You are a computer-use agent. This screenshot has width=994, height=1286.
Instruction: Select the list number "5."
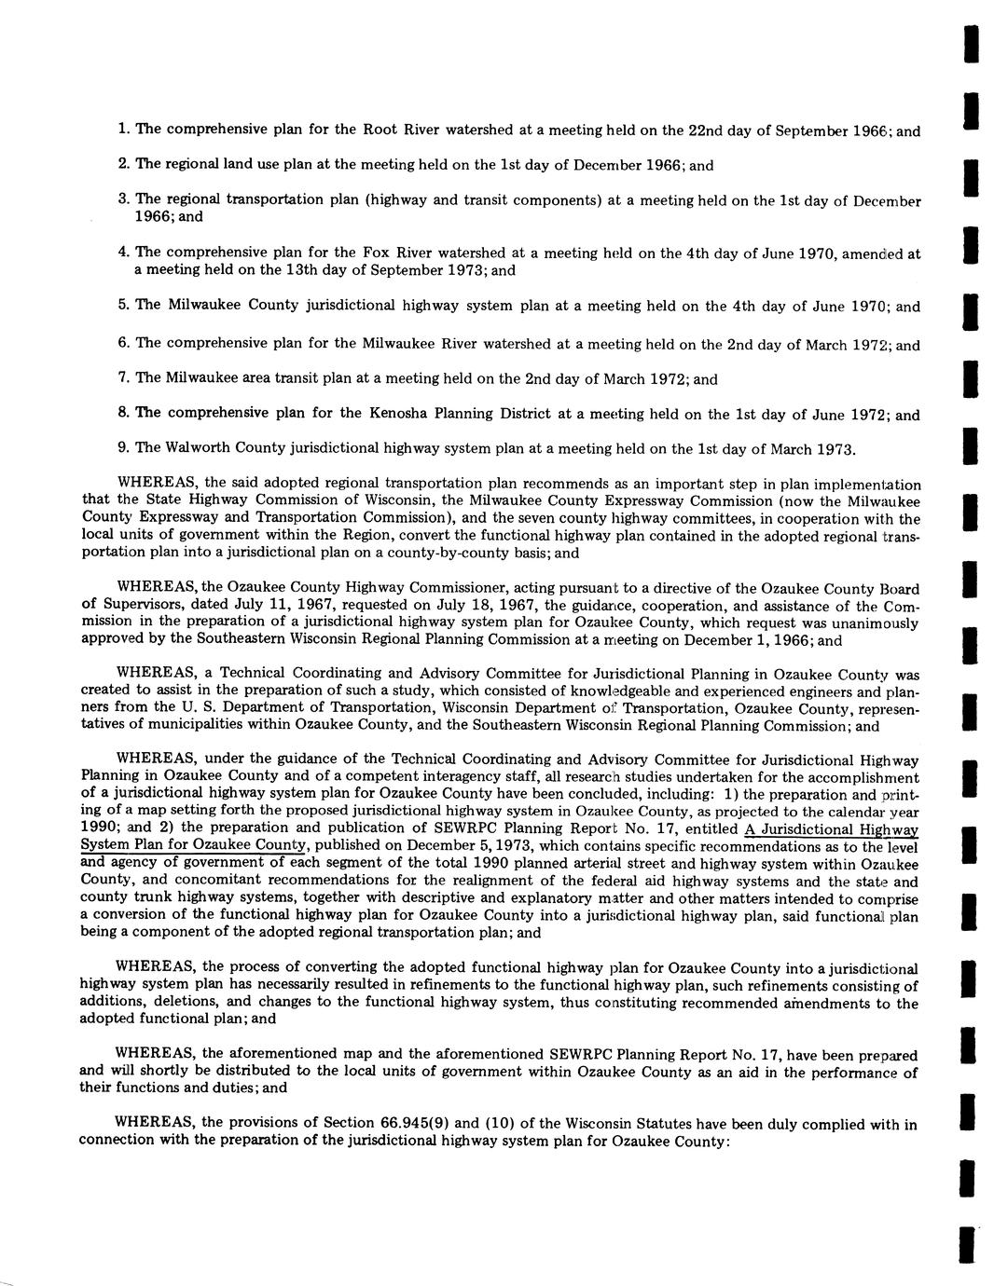(x=123, y=305)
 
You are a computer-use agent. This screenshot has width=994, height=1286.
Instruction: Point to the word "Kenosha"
(x=386, y=413)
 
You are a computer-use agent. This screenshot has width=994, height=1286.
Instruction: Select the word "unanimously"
(x=873, y=623)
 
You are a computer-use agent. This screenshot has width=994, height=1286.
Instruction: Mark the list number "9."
(x=123, y=447)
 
